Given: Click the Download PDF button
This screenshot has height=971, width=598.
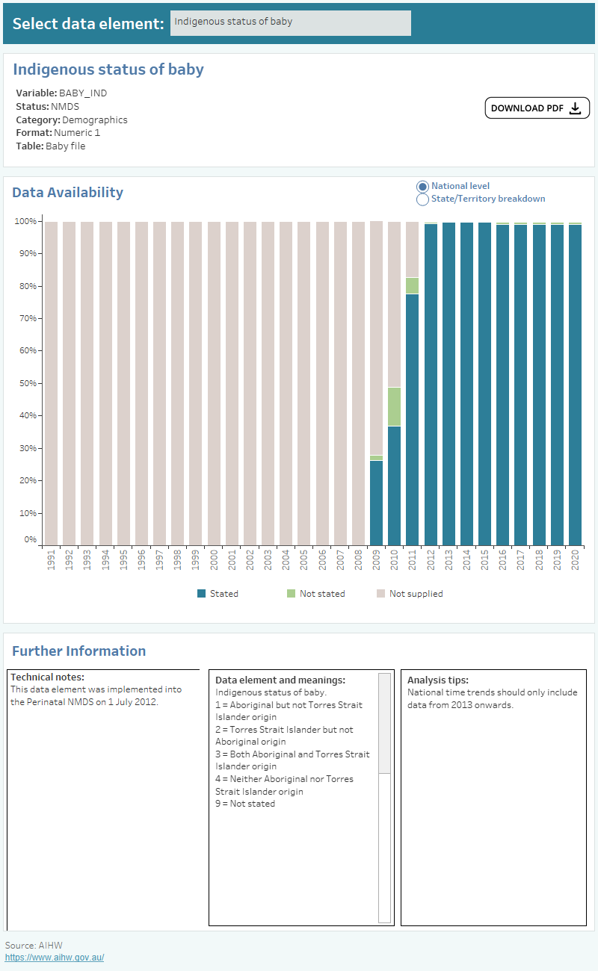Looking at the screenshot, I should pyautogui.click(x=537, y=108).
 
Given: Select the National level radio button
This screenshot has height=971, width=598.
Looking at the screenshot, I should pyautogui.click(x=422, y=186).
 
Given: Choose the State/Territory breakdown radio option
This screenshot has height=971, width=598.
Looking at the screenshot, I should pyautogui.click(x=422, y=199).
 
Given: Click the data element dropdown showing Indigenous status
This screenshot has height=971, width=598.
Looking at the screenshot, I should pyautogui.click(x=290, y=22).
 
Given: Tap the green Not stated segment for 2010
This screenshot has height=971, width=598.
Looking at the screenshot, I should pyautogui.click(x=394, y=406).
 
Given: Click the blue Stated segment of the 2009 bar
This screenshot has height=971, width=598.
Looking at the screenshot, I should pyautogui.click(x=376, y=503).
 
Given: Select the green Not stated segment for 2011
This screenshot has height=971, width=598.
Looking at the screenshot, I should pyautogui.click(x=412, y=285).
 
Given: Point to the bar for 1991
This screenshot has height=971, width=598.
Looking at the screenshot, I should pyautogui.click(x=51, y=383).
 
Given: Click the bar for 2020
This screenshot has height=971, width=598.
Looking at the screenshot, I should pyautogui.click(x=575, y=385).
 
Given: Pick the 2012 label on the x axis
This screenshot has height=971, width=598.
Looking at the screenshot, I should pyautogui.click(x=431, y=561).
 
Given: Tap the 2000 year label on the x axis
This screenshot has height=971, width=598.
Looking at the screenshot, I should pyautogui.click(x=214, y=561).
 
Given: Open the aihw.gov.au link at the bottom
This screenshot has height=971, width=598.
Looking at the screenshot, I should pyautogui.click(x=55, y=958).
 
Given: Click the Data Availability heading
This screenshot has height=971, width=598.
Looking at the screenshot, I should pyautogui.click(x=67, y=193).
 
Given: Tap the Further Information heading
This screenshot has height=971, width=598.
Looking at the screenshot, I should pyautogui.click(x=78, y=651).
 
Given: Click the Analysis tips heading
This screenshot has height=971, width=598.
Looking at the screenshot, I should pyautogui.click(x=438, y=680).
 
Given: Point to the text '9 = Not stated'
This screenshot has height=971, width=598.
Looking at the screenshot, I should pyautogui.click(x=245, y=804).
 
